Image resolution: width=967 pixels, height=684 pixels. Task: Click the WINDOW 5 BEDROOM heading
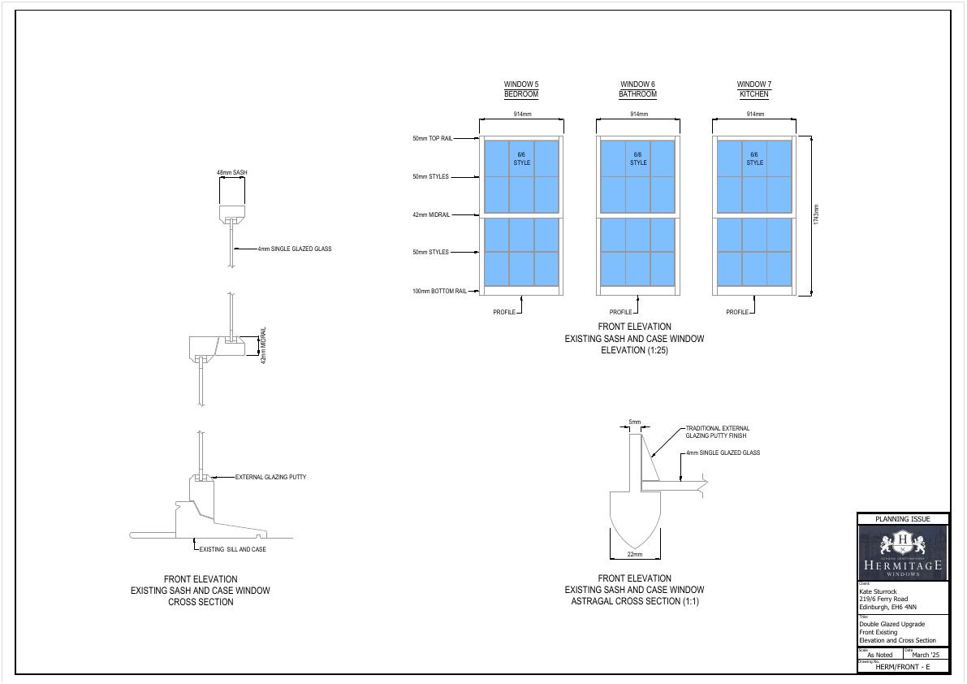pos(521,89)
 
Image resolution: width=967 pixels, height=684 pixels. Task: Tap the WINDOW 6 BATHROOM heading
pos(637,89)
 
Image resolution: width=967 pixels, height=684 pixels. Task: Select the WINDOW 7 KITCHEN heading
pos(754,89)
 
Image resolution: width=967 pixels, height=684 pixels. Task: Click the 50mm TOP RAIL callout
pos(430,139)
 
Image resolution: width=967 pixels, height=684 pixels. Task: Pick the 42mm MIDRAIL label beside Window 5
pos(431,214)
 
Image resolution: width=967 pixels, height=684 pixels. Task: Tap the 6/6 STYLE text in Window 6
pos(638,158)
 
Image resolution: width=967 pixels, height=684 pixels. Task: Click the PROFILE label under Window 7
pos(737,312)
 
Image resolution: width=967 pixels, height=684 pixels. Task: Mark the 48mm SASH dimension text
pos(232,173)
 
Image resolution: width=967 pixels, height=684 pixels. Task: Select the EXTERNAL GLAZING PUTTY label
pos(270,477)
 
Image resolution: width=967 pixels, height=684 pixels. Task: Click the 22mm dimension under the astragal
pos(635,554)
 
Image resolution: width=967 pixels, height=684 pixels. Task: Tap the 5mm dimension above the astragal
pos(635,422)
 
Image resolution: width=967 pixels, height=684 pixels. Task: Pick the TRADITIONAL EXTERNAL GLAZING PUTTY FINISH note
pos(717,432)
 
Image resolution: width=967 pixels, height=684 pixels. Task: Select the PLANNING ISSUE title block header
pos(903,519)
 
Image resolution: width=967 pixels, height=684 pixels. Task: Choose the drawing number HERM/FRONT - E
pos(903,666)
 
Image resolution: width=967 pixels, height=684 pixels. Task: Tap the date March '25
pos(925,654)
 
